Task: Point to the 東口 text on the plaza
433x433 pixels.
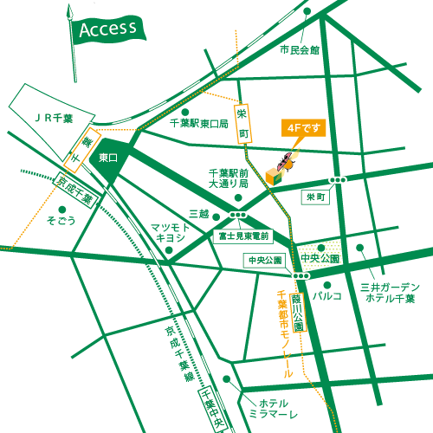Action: tap(108, 158)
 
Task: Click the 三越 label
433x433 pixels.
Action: tap(198, 212)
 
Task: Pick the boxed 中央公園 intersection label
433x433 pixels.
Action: tap(265, 259)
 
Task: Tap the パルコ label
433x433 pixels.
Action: tap(326, 295)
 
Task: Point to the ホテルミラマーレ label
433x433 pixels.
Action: tap(272, 410)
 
